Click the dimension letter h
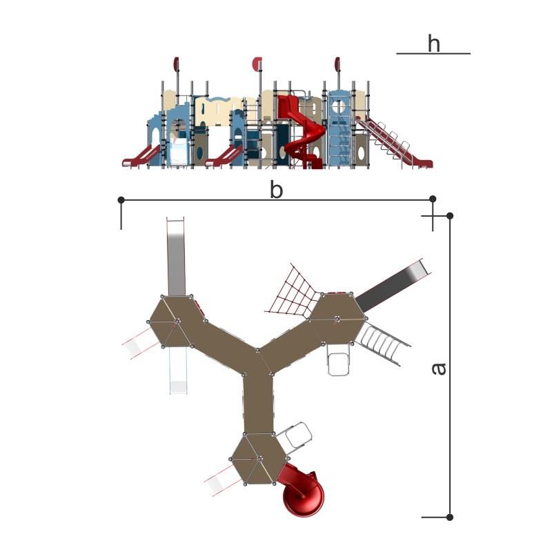pyautogui.click(x=434, y=43)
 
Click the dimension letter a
pyautogui.click(x=439, y=368)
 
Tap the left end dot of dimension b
pyautogui.click(x=121, y=200)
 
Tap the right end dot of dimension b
pyautogui.click(x=433, y=199)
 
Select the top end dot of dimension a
pyautogui.click(x=450, y=216)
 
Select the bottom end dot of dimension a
pyautogui.click(x=450, y=517)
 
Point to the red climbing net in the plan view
pyautogui.click(x=292, y=294)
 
